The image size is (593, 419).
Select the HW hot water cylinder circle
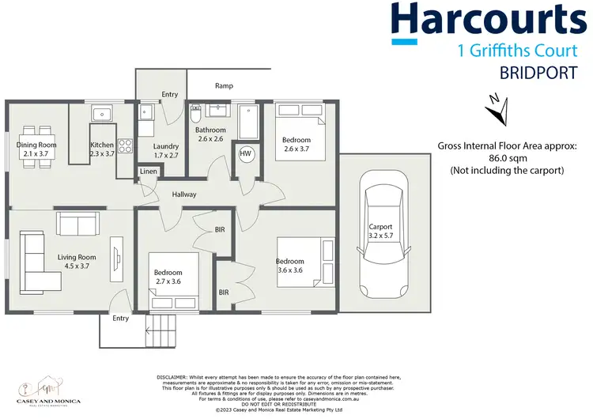point(245,153)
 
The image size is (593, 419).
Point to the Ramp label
point(224,85)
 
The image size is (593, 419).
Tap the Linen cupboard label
point(148,171)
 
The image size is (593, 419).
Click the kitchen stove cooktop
point(124,146)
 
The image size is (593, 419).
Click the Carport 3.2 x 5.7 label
point(380,231)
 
